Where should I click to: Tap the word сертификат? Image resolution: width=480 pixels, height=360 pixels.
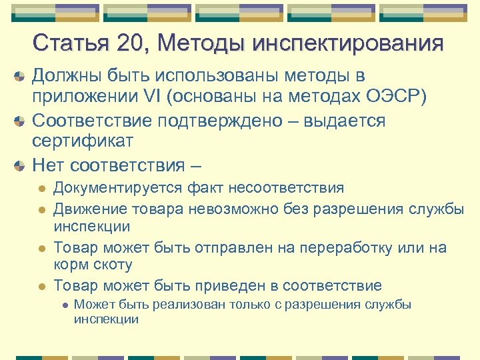point(83,141)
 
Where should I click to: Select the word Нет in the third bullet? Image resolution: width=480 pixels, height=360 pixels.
point(48,164)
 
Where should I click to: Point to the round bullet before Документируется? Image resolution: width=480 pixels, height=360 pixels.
point(41,189)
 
